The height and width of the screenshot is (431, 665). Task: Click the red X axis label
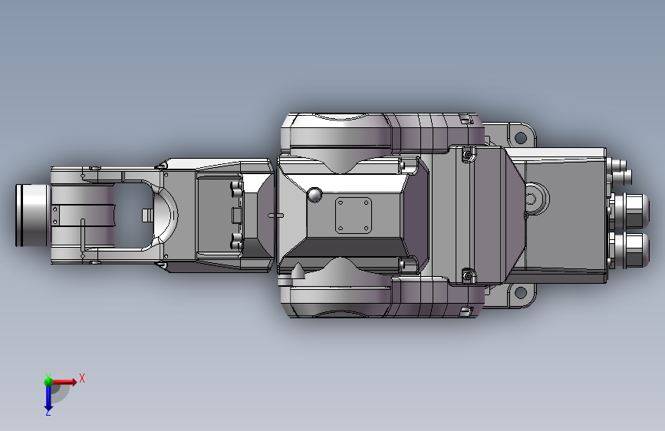pyautogui.click(x=82, y=378)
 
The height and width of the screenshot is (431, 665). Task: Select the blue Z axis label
pyautogui.click(x=48, y=412)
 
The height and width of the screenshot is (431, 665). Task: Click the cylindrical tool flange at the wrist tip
pyautogui.click(x=33, y=215)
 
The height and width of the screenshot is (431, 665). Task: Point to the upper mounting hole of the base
pyautogui.click(x=520, y=137)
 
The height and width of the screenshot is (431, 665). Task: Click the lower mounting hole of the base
pyautogui.click(x=520, y=292)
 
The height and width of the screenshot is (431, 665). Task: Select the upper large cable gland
pyautogui.click(x=630, y=210)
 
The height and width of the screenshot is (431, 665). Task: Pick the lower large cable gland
pyautogui.click(x=630, y=250)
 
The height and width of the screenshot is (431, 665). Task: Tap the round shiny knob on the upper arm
pyautogui.click(x=314, y=195)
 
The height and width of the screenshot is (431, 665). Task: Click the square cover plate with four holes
pyautogui.click(x=354, y=215)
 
